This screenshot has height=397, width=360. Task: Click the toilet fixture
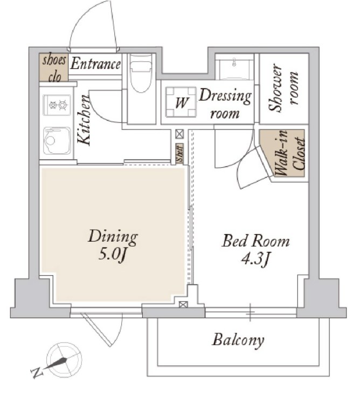click(x=141, y=73)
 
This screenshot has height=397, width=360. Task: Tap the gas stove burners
click(x=57, y=105)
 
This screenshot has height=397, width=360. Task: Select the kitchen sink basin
click(x=57, y=140)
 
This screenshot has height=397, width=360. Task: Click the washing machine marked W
click(x=181, y=102)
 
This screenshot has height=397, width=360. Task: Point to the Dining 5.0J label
click(x=113, y=245)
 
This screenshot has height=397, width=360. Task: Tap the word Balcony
click(x=238, y=340)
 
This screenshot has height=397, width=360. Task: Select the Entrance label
click(x=95, y=64)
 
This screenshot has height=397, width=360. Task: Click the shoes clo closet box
click(x=54, y=67)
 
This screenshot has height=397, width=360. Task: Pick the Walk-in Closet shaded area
click(x=286, y=154)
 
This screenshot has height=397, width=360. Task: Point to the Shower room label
click(x=283, y=87)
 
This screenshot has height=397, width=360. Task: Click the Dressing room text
click(x=225, y=104)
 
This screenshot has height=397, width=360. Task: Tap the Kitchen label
click(x=84, y=120)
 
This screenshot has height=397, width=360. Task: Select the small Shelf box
click(x=179, y=153)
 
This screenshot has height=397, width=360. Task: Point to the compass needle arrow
click(x=56, y=364)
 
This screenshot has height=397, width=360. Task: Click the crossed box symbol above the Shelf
click(x=179, y=134)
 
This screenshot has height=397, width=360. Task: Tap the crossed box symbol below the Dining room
click(x=183, y=304)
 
